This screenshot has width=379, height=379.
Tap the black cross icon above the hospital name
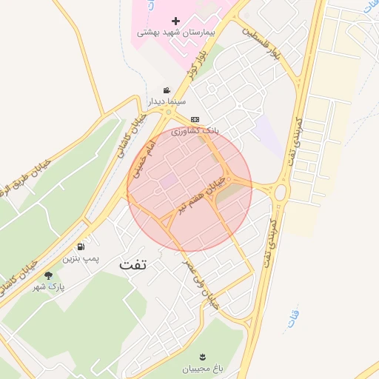[175, 21]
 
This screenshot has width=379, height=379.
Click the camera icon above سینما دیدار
[167, 90]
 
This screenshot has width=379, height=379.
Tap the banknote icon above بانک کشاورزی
[195, 119]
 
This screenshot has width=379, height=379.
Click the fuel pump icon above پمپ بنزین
[80, 246]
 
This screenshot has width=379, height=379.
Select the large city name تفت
[133, 264]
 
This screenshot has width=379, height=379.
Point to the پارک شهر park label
[49, 286]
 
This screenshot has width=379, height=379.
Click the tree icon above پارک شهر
[48, 275]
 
